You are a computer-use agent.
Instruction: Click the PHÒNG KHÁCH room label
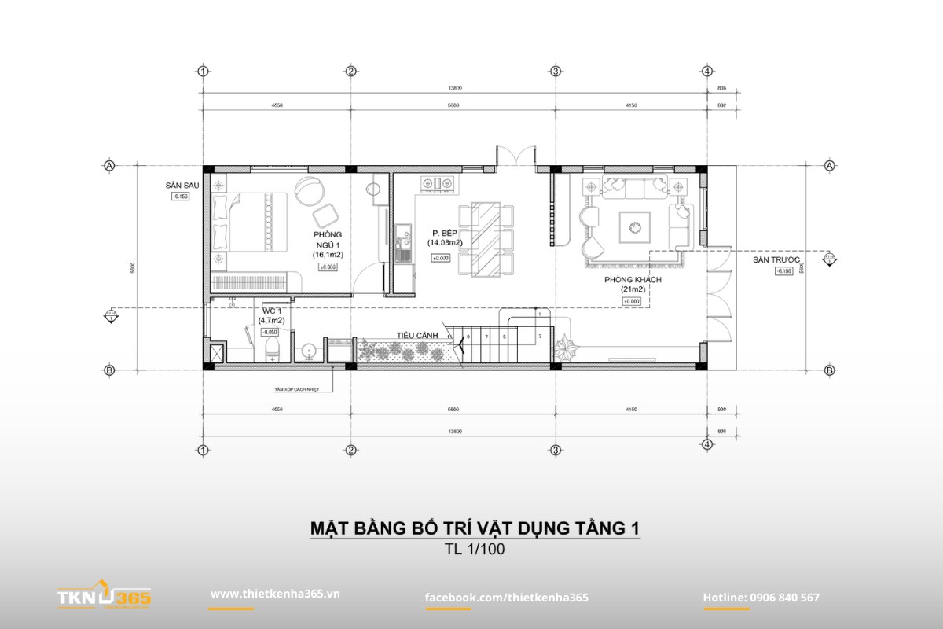633,280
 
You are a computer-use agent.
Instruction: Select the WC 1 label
272,311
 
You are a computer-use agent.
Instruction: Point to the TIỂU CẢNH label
416,335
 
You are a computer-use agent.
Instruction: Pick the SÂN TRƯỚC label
776,259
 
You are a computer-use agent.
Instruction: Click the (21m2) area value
633,290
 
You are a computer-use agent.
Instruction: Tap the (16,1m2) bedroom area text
328,255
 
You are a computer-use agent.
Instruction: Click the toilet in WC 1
272,346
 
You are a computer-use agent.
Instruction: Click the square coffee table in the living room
633,227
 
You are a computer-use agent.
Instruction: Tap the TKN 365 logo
104,598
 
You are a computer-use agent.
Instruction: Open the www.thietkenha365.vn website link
274,594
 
